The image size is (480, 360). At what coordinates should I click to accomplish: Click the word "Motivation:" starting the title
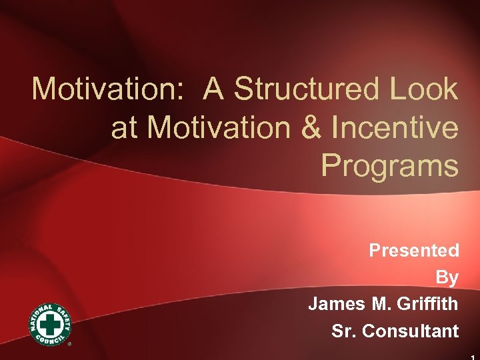click(99, 89)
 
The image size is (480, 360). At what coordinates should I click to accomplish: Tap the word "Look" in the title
click(424, 89)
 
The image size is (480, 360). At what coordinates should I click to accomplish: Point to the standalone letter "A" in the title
click(215, 89)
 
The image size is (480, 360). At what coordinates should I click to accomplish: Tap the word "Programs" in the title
click(389, 166)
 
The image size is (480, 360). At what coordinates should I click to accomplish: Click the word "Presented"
click(414, 251)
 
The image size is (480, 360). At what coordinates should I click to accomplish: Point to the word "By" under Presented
click(447, 277)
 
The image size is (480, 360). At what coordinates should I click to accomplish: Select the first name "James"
click(336, 304)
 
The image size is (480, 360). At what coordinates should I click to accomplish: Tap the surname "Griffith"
click(427, 304)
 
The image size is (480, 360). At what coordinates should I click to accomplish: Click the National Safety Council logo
click(50, 324)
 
